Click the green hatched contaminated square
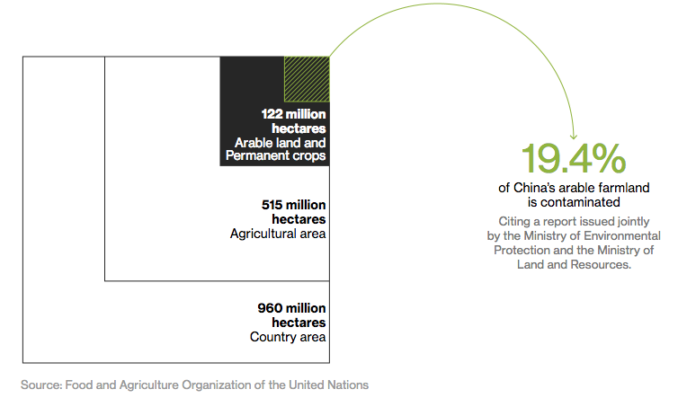point(307,79)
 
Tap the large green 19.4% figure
point(574,158)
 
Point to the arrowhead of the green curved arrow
point(574,137)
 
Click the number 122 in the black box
point(272,114)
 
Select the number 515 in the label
point(272,205)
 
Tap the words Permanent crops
point(275,155)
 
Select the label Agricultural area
point(278,234)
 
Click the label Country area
point(288,337)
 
